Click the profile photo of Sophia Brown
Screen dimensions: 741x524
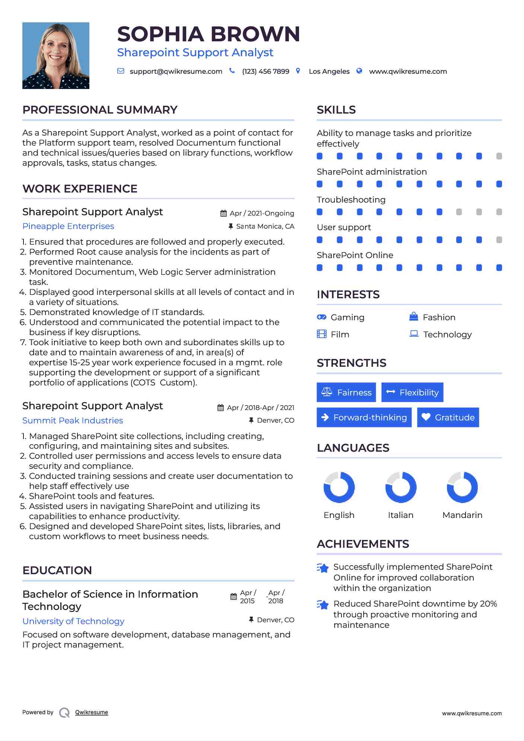coord(56,55)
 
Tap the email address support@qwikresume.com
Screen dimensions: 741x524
coord(176,71)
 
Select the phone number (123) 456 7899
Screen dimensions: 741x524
coord(266,71)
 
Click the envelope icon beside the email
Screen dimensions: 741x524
coord(121,71)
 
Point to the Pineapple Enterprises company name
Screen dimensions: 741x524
coord(68,226)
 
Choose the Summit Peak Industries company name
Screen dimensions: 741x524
coord(73,421)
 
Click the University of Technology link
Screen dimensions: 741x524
coord(73,621)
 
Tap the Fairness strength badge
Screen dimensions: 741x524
coord(346,392)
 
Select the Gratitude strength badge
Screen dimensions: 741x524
coord(448,417)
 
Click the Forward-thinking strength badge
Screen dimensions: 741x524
coord(364,417)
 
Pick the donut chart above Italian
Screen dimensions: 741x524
coord(401,487)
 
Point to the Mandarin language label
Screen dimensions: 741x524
coord(462,515)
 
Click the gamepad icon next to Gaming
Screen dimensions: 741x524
coord(321,317)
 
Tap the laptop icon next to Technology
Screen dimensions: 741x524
coord(414,334)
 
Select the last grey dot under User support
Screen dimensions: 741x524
coord(499,240)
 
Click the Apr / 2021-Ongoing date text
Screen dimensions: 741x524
coord(262,213)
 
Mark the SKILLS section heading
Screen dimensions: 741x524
coord(336,110)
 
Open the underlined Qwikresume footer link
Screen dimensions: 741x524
coord(92,712)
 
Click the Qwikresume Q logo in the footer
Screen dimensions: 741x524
coord(64,713)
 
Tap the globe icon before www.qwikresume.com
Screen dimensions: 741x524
coord(359,71)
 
